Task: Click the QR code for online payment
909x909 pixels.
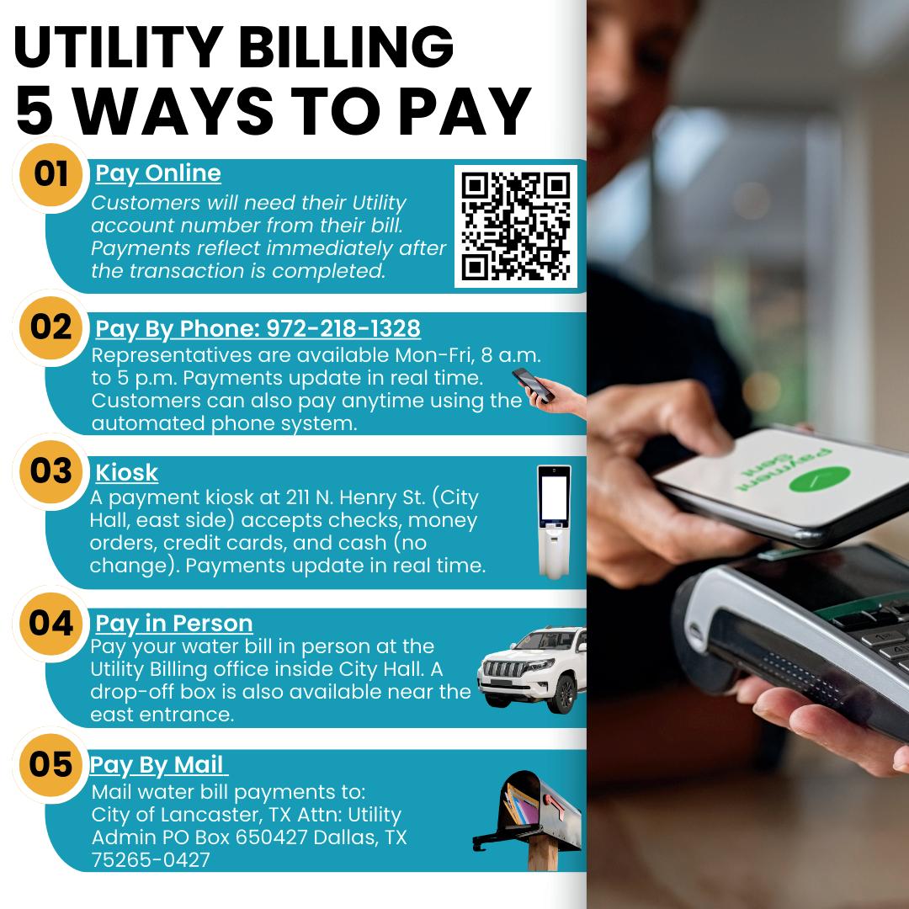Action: coord(515,226)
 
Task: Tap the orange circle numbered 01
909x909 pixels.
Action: coord(51,174)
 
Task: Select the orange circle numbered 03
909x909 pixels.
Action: coord(51,471)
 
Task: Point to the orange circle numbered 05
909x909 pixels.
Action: coord(51,764)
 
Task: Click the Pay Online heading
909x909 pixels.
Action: coord(158,173)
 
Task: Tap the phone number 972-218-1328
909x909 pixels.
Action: coord(343,329)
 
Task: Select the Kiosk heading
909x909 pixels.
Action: coord(126,472)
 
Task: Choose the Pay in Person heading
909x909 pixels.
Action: coord(174,623)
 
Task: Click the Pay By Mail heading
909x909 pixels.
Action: coord(157,765)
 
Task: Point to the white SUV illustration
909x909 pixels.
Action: coord(532,670)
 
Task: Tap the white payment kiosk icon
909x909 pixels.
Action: coord(554,522)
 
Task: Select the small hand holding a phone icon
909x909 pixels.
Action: coord(549,392)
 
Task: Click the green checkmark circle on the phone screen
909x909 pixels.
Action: coord(820,479)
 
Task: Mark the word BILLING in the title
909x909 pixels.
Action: coord(346,47)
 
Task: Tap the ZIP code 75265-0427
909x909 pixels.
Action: coord(151,859)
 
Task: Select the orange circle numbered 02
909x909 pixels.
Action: coord(51,327)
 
